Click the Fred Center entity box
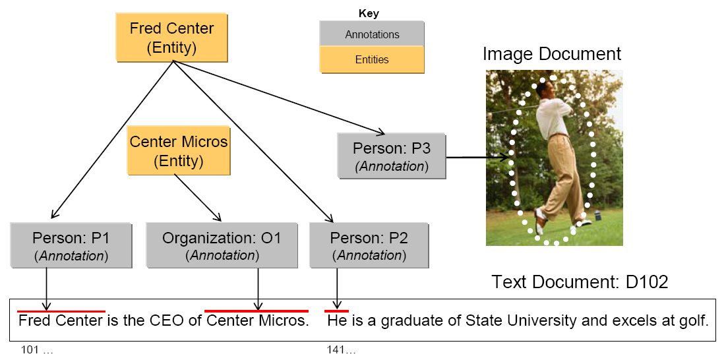click(x=171, y=38)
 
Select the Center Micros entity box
click(x=179, y=151)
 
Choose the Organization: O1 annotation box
click(x=222, y=245)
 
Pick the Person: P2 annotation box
click(x=368, y=245)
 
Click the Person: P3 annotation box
click(x=391, y=156)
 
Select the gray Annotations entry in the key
click(x=372, y=34)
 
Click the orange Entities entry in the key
click(x=372, y=59)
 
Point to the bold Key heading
click(x=369, y=13)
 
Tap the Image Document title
click(x=551, y=53)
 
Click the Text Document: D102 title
click(x=580, y=282)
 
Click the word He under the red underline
click(x=336, y=321)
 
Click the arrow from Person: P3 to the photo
click(x=478, y=157)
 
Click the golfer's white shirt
click(x=549, y=113)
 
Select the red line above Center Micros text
click(x=256, y=311)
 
